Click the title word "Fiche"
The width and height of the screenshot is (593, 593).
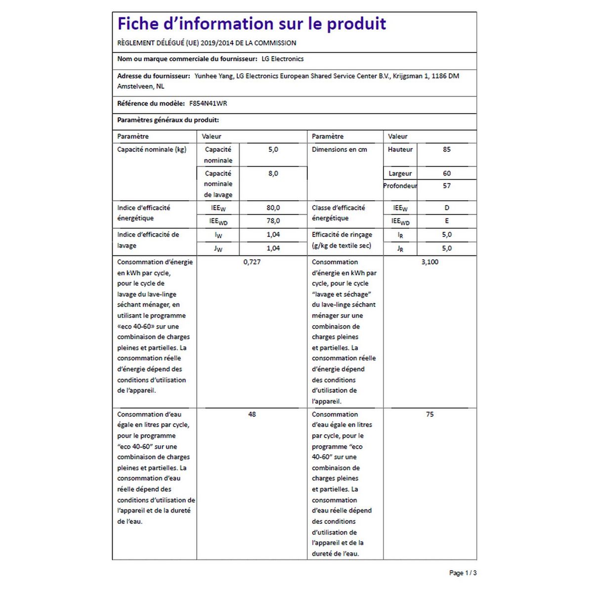click(x=138, y=24)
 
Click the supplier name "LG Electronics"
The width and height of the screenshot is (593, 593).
click(x=283, y=59)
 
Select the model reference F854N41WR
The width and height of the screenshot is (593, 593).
click(x=208, y=104)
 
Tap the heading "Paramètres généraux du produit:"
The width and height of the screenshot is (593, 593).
click(x=168, y=120)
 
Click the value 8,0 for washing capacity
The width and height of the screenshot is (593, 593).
click(x=273, y=173)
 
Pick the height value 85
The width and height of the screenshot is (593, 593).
click(x=447, y=149)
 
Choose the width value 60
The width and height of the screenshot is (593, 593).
click(x=447, y=173)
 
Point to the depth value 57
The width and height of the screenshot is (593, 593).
click(x=447, y=186)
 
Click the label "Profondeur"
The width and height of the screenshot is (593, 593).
click(x=400, y=186)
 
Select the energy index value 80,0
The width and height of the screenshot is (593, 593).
click(x=273, y=208)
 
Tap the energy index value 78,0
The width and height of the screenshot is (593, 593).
click(x=273, y=221)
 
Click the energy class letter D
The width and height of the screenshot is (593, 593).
click(x=447, y=208)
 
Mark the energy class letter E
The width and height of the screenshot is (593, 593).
click(x=447, y=221)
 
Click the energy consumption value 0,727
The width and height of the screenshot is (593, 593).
click(x=252, y=262)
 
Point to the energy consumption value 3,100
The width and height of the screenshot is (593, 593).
click(x=430, y=262)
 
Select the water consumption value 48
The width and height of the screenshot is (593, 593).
click(x=252, y=414)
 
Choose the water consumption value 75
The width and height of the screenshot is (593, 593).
click(x=430, y=414)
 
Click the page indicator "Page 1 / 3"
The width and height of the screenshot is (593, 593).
click(x=463, y=573)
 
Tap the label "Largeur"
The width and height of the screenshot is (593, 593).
click(x=400, y=173)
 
